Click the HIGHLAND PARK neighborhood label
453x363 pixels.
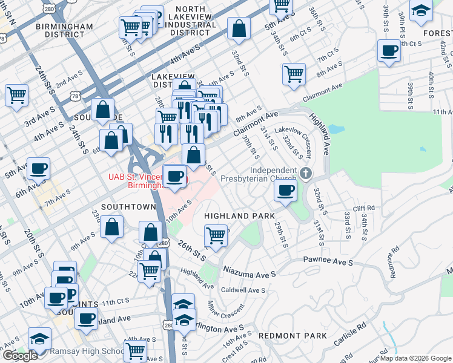pos(239,216)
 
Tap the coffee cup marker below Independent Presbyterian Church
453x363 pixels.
pos(286,191)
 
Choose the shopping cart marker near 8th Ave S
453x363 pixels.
pos(294,74)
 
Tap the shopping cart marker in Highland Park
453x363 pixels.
pos(216,235)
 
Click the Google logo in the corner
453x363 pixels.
pos(20,356)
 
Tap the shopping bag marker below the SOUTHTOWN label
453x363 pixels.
pos(112,227)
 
